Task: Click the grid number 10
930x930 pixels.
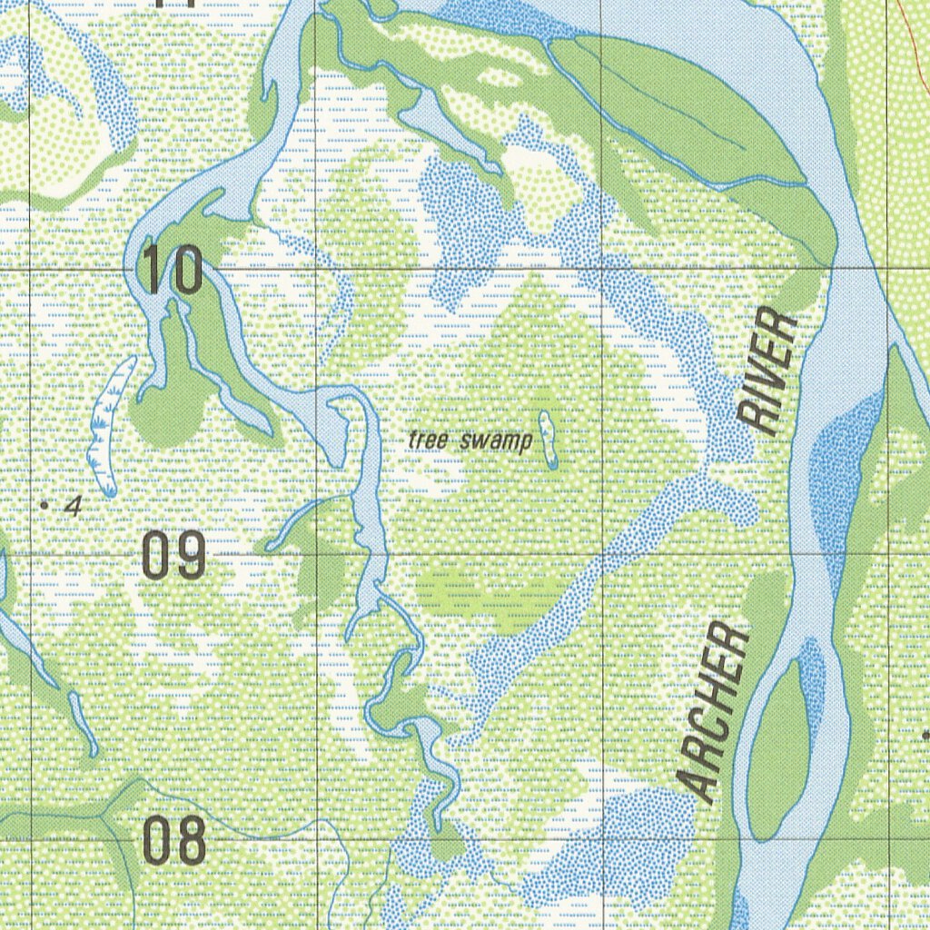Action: (173, 270)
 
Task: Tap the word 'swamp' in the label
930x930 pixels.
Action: (495, 442)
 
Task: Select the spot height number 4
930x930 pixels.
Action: (74, 507)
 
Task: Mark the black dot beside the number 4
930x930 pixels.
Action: (45, 502)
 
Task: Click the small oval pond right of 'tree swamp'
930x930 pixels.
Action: (548, 440)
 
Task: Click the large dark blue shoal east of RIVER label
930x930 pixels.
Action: (845, 481)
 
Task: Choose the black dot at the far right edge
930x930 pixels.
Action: (925, 734)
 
